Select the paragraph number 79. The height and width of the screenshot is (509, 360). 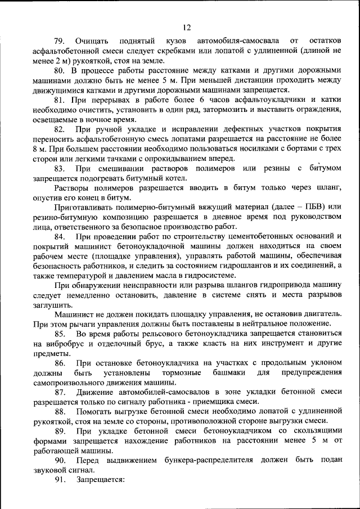[60, 42]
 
